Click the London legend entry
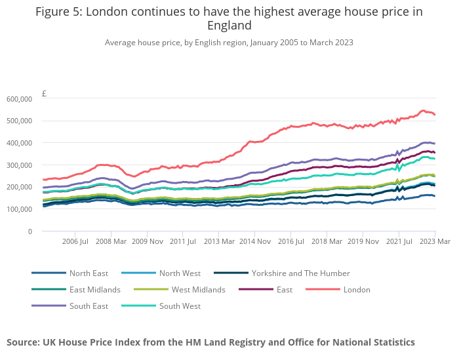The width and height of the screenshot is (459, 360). pyautogui.click(x=357, y=289)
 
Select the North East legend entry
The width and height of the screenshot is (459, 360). pyautogui.click(x=89, y=273)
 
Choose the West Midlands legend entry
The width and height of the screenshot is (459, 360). pyautogui.click(x=198, y=289)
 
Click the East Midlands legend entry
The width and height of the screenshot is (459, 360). pyautogui.click(x=95, y=289)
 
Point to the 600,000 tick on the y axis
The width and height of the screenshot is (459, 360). pyautogui.click(x=19, y=99)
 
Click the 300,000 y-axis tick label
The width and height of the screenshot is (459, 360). pyautogui.click(x=19, y=165)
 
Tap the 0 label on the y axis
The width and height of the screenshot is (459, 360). pyautogui.click(x=30, y=231)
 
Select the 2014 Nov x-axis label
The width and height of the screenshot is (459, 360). pyautogui.click(x=254, y=242)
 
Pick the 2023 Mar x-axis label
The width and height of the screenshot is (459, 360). pyautogui.click(x=435, y=242)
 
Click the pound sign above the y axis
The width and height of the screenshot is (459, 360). pyautogui.click(x=44, y=94)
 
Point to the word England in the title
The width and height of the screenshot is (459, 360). pyautogui.click(x=229, y=26)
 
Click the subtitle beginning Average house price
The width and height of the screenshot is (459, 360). pyautogui.click(x=229, y=43)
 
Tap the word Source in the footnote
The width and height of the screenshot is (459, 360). pyautogui.click(x=23, y=342)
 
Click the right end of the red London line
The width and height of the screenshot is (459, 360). pyautogui.click(x=435, y=115)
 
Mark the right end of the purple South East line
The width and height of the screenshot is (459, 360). pyautogui.click(x=435, y=144)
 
